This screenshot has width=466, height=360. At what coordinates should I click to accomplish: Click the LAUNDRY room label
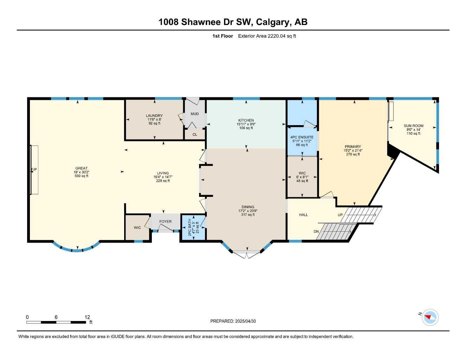point(154,116)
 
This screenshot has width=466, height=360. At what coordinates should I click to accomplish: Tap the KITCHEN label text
point(246,120)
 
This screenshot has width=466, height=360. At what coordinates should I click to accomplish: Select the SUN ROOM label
point(414,126)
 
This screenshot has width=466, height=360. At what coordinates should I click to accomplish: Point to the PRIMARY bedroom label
point(353,147)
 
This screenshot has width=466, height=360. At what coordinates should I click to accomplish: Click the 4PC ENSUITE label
point(302,137)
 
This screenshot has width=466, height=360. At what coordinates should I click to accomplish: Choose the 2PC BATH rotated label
point(190,227)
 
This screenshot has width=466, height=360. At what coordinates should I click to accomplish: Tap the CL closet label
point(195,135)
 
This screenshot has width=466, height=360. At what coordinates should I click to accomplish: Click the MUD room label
point(194,114)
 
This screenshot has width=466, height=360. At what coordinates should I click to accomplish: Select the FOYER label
point(165,221)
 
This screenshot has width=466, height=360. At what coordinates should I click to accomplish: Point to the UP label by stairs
point(340,215)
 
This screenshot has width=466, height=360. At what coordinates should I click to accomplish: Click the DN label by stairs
point(316,231)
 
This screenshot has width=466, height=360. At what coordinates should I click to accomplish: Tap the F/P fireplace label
point(34,170)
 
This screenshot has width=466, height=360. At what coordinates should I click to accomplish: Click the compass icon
point(430,317)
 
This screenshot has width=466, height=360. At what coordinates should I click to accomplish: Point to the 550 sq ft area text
point(81,176)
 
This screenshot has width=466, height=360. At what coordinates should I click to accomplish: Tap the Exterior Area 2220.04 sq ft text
point(267,36)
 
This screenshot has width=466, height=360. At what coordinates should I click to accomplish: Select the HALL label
point(304,215)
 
